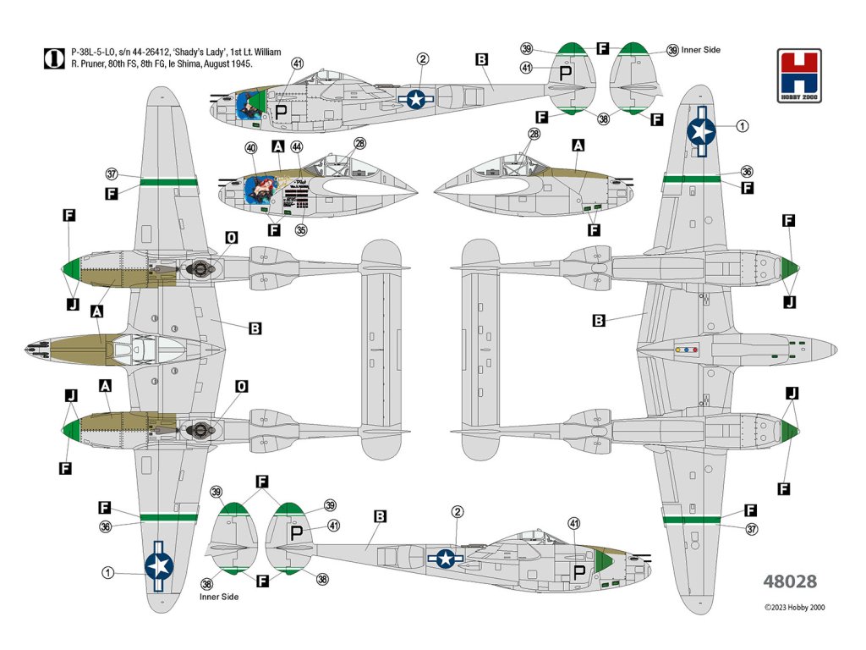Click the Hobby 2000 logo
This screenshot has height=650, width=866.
tap(798, 75)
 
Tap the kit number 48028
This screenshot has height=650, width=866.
tap(790, 581)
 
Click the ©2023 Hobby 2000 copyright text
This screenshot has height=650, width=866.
tap(795, 608)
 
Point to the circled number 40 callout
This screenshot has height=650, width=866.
tap(251, 147)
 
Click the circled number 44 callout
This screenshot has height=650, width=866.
tap(297, 146)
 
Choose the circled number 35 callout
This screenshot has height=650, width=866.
tap(301, 230)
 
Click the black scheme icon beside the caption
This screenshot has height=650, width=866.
tap(54, 58)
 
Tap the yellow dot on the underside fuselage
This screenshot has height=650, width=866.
tap(677, 350)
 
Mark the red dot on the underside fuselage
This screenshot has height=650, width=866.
tap(695, 350)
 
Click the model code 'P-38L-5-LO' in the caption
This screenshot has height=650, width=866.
tap(93, 52)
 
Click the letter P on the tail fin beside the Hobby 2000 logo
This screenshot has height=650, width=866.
tap(566, 73)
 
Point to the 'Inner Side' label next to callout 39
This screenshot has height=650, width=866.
tap(701, 50)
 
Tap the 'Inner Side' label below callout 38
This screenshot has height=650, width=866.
tap(219, 597)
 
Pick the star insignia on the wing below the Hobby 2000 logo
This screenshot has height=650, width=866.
tap(701, 131)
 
